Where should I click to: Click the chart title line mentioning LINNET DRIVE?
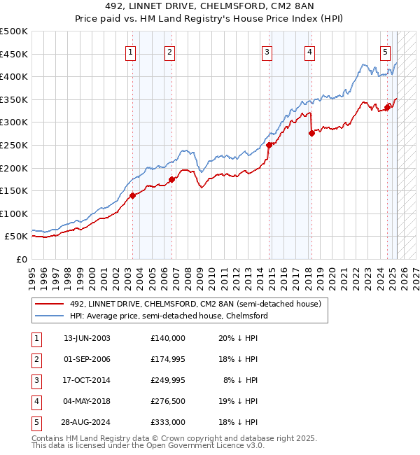pyautogui.click(x=209, y=6)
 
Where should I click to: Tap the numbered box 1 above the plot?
pyautogui.click(x=132, y=51)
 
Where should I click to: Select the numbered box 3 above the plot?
pyautogui.click(x=267, y=51)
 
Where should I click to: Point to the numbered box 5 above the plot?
pyautogui.click(x=386, y=51)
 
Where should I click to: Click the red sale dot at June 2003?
pyautogui.click(x=132, y=196)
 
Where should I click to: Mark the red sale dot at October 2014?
pyautogui.click(x=269, y=145)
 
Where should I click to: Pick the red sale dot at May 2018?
pyautogui.click(x=311, y=133)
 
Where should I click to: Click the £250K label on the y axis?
pyautogui.click(x=15, y=145)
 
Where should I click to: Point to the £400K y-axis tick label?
pyautogui.click(x=15, y=76)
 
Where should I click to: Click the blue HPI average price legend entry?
pyautogui.click(x=169, y=316)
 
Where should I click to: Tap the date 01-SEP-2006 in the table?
pyautogui.click(x=87, y=359)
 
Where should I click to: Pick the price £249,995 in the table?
pyautogui.click(x=167, y=380)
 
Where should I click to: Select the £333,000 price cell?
pyautogui.click(x=167, y=422)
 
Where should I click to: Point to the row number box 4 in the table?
pyautogui.click(x=35, y=401)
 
